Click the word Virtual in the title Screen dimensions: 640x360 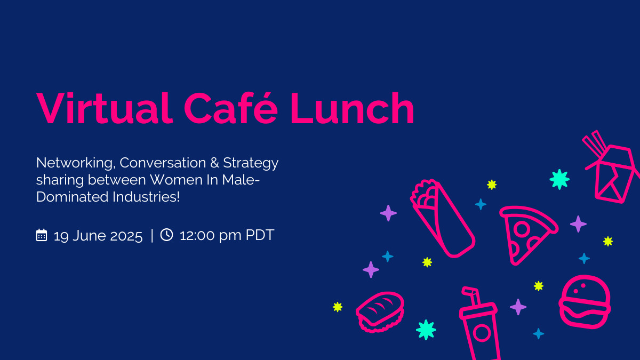click(x=105, y=108)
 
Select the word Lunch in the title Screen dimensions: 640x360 click(x=352, y=108)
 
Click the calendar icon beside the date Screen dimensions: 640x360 click(x=42, y=235)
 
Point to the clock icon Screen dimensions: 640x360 click(x=166, y=235)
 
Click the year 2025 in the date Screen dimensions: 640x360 click(x=126, y=236)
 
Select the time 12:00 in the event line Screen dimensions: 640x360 click(x=197, y=235)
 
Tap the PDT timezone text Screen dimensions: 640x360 click(x=260, y=235)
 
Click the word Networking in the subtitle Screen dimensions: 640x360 click(x=76, y=163)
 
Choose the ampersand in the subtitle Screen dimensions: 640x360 click(x=214, y=163)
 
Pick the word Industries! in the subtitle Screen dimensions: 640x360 click(x=146, y=197)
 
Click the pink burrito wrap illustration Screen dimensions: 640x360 click(x=442, y=219)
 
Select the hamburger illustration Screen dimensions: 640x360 click(x=585, y=302)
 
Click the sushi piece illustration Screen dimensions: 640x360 click(x=380, y=312)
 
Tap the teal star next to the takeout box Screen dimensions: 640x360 click(x=559, y=179)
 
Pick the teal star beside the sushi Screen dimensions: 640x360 click(x=426, y=330)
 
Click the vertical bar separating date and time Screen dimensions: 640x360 click(x=152, y=236)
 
